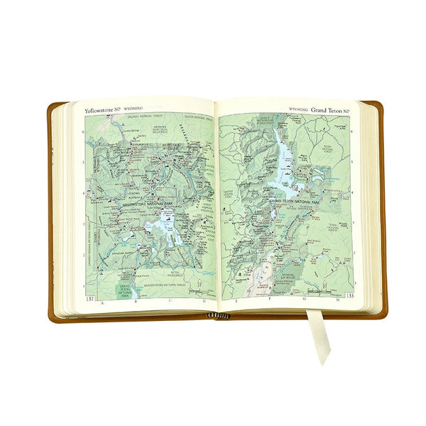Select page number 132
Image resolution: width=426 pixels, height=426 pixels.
click(89, 299)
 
